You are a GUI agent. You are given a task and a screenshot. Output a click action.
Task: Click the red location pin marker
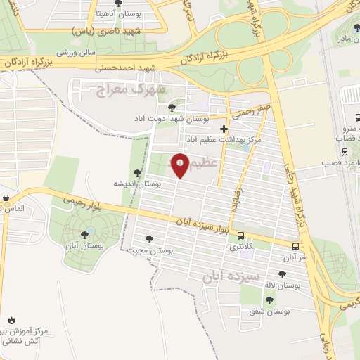tap(181, 164)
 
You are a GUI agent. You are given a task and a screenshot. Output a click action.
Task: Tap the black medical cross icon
tap(224, 129)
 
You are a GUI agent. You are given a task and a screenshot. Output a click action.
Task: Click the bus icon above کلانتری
tap(241, 237)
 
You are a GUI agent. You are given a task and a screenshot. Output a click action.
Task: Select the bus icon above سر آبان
tap(295, 246)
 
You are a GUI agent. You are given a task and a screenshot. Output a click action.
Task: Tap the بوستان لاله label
tap(283, 285)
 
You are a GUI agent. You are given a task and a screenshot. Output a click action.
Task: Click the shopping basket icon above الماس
tap(6, 198)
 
